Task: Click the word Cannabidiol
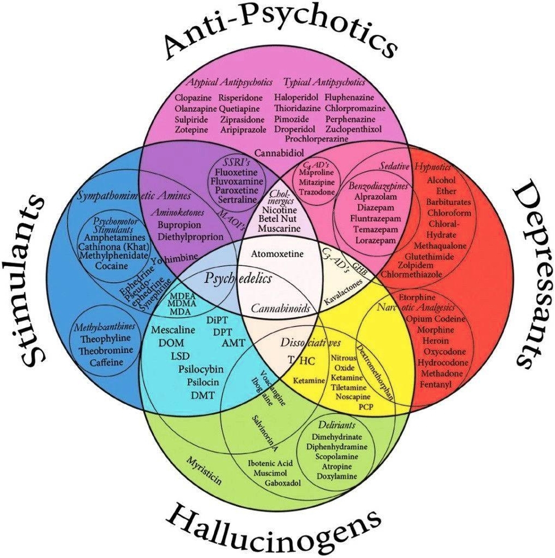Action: click(279, 153)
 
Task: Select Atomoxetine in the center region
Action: click(277, 254)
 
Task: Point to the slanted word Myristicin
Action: click(204, 471)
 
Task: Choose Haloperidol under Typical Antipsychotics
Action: click(295, 97)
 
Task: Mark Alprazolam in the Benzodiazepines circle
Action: click(370, 197)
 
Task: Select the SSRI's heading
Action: click(233, 161)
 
